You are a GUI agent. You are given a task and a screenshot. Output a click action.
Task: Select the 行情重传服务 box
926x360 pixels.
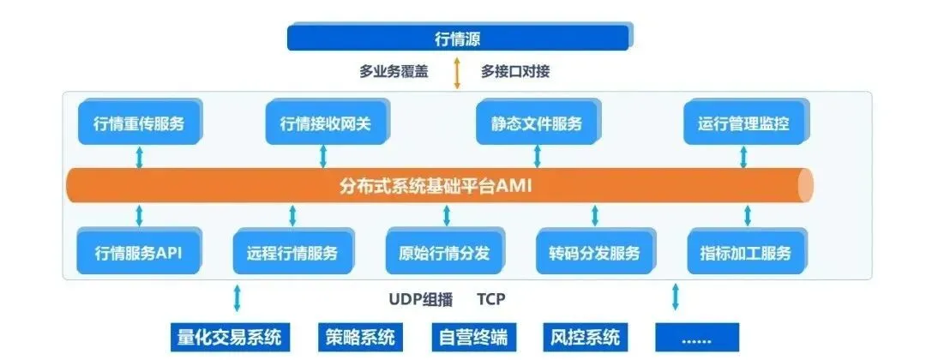[x=138, y=123]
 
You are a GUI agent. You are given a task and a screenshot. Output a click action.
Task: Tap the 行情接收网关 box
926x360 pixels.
[x=325, y=123]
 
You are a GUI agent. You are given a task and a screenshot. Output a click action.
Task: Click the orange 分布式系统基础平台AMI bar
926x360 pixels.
[x=437, y=184]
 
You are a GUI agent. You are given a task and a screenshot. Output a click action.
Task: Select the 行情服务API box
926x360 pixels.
[x=138, y=253]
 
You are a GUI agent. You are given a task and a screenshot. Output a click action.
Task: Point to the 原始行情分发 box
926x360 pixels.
[x=444, y=253]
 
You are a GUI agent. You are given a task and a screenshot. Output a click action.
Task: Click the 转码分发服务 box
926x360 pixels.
[x=594, y=253]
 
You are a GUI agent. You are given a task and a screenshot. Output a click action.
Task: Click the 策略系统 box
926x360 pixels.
[x=361, y=336]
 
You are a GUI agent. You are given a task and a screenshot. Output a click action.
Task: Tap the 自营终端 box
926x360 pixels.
[x=475, y=336]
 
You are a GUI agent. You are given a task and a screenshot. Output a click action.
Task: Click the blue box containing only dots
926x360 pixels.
[x=696, y=336]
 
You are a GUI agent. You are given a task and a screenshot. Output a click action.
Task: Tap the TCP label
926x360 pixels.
[x=490, y=299]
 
